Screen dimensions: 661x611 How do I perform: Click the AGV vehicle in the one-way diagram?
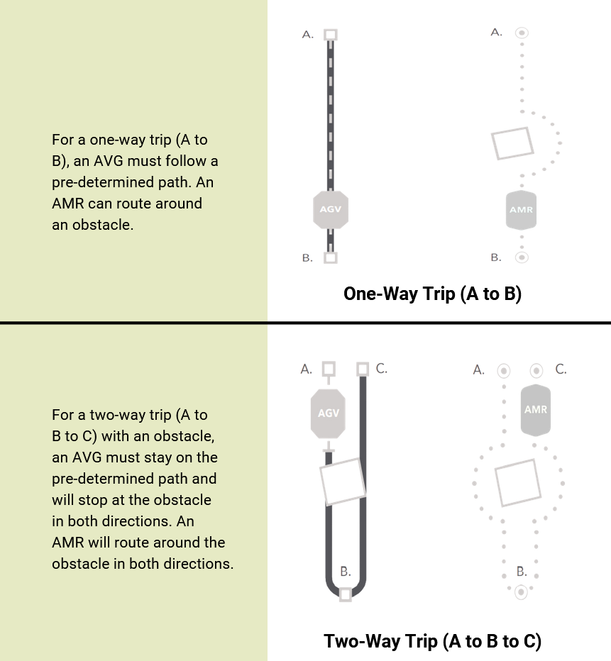click(x=331, y=209)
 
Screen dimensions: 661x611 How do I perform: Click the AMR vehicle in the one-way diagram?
click(x=521, y=210)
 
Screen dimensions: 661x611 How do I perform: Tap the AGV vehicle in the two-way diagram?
click(x=328, y=413)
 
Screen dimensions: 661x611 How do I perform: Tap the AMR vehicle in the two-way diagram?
click(x=536, y=410)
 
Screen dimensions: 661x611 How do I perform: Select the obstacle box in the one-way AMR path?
click(x=512, y=143)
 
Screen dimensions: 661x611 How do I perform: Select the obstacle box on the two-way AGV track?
click(x=342, y=480)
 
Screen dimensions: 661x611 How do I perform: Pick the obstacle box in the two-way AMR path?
click(x=517, y=482)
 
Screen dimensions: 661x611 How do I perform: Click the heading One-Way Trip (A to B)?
click(x=432, y=294)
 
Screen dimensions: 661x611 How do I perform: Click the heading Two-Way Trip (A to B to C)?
click(x=432, y=641)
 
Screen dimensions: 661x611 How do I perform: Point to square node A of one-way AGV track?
click(x=331, y=35)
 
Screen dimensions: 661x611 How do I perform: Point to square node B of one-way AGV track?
click(x=331, y=257)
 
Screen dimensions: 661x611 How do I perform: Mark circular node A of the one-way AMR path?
click(x=522, y=33)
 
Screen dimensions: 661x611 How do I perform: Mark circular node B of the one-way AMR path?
click(x=522, y=257)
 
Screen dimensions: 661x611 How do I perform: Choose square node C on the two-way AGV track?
click(x=363, y=369)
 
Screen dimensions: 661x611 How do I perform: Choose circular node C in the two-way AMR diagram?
click(x=536, y=370)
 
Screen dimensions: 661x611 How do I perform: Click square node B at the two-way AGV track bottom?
click(x=346, y=594)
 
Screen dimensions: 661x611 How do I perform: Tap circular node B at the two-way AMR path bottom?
click(x=522, y=591)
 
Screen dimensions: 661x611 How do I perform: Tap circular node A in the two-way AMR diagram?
click(x=504, y=370)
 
